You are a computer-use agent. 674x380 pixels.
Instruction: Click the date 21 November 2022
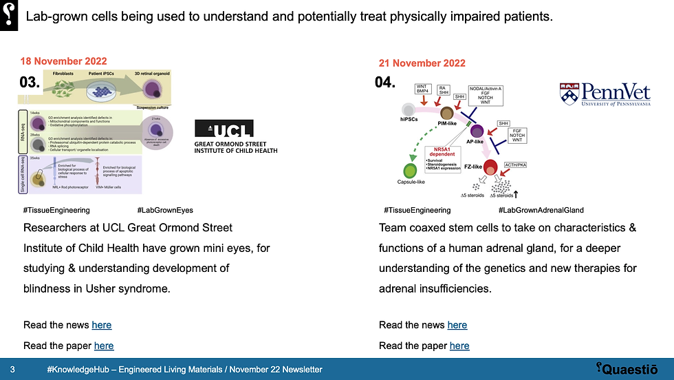pos(422,63)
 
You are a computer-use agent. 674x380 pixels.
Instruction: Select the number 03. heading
pos(30,83)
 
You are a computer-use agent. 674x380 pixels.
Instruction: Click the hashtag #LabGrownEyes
pos(165,210)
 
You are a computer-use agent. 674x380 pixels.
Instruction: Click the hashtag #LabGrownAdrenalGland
pos(541,210)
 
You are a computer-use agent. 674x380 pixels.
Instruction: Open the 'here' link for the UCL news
pos(101,325)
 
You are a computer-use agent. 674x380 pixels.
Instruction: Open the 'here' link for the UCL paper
pos(104,346)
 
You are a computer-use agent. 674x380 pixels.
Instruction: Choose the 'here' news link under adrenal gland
pos(457,325)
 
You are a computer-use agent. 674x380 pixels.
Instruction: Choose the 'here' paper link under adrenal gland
pos(459,346)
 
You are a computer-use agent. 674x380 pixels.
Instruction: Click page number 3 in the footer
pos(12,370)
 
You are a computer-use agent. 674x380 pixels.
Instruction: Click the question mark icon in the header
pos(9,14)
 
